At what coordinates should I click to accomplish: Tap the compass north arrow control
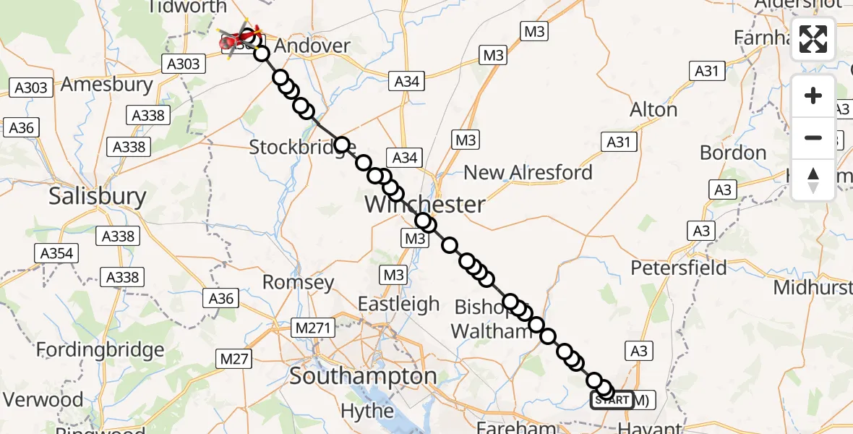point(813,180)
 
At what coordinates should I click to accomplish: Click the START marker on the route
point(612,400)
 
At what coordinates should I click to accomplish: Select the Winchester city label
point(424,204)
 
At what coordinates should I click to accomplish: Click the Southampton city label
point(363,376)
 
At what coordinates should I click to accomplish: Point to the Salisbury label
point(98,196)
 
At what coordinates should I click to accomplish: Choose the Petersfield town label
point(679,268)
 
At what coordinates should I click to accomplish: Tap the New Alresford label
point(528,172)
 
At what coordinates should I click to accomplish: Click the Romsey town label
point(298,282)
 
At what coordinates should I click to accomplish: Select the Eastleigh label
point(398,304)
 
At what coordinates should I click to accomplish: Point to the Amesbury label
point(107,84)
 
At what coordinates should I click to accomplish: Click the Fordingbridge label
point(101,351)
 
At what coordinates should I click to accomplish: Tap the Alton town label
point(653,110)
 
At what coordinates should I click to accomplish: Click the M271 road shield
point(313,328)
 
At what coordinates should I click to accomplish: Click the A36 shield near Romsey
point(221,298)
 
